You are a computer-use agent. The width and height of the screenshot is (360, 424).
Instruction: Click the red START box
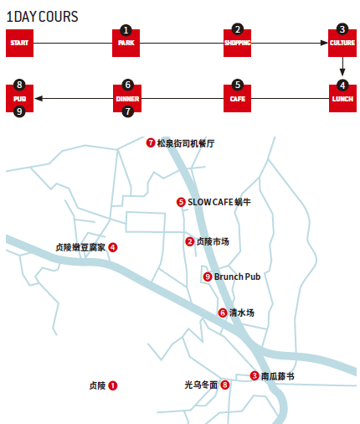pyautogui.click(x=19, y=43)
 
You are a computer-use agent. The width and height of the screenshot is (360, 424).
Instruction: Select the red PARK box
pyautogui.click(x=126, y=43)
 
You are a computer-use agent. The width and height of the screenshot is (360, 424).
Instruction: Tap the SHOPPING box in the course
pyautogui.click(x=237, y=43)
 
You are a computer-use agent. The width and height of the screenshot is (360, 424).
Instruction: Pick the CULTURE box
pyautogui.click(x=342, y=43)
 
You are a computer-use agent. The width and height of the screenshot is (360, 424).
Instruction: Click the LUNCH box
pyautogui.click(x=342, y=99)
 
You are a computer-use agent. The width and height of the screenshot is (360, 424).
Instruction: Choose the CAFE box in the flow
pyautogui.click(x=237, y=99)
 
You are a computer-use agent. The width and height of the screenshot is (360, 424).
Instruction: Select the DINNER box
pyautogui.click(x=127, y=99)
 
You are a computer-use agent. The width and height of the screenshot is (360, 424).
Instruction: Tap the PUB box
pyautogui.click(x=19, y=99)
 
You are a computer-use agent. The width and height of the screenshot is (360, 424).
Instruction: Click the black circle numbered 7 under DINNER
pyautogui.click(x=128, y=111)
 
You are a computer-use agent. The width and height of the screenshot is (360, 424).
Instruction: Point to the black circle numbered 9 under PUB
pyautogui.click(x=19, y=111)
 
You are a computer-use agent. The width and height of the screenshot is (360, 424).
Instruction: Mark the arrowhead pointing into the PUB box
pyautogui.click(x=39, y=99)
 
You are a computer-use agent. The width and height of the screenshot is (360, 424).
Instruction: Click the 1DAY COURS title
pyautogui.click(x=42, y=17)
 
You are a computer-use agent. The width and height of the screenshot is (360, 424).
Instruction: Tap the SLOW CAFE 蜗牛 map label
pyautogui.click(x=219, y=202)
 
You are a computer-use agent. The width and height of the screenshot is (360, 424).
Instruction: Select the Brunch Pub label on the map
pyautogui.click(x=237, y=277)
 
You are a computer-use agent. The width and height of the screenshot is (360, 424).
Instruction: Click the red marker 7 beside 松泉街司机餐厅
pyautogui.click(x=151, y=143)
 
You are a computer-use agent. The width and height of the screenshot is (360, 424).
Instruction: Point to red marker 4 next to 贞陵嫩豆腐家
pyautogui.click(x=113, y=247)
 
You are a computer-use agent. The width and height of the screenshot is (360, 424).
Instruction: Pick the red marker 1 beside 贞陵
pyautogui.click(x=113, y=385)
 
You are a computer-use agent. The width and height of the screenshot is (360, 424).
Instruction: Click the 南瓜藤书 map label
pyautogui.click(x=277, y=376)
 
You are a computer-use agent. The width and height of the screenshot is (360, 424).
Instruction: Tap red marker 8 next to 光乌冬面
pyautogui.click(x=225, y=385)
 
